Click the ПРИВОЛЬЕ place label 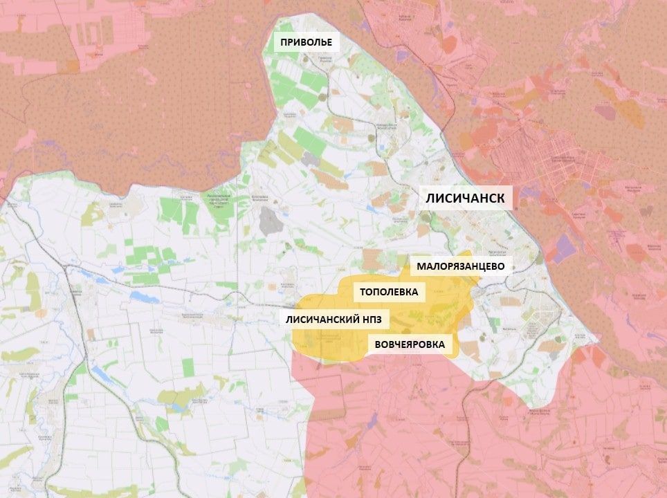pos(306,43)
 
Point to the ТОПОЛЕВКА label pos(389,292)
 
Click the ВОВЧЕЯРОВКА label pos(410,344)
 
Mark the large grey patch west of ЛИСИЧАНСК pos(268,220)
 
